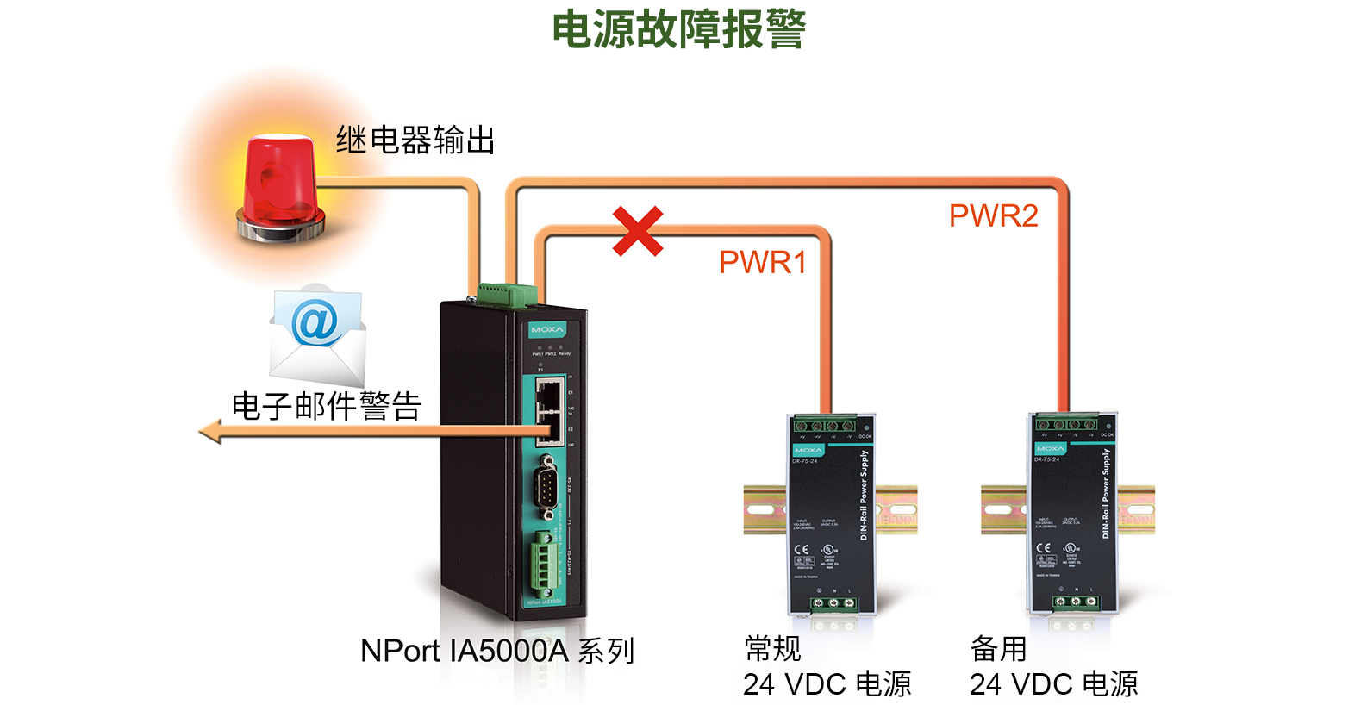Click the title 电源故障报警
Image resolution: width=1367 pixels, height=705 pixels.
[678, 29]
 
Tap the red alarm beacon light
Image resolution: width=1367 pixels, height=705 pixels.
[281, 187]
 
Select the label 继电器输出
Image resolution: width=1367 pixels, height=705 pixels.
[415, 140]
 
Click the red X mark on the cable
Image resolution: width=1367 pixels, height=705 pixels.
[638, 231]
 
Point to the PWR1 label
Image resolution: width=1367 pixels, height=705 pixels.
[763, 262]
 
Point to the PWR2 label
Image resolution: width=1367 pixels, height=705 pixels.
[993, 215]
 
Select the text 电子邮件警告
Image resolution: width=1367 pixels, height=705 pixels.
[326, 406]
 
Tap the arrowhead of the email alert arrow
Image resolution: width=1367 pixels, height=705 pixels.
[209, 431]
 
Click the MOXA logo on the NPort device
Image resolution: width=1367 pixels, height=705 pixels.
[546, 330]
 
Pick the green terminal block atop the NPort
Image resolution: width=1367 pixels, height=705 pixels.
[508, 294]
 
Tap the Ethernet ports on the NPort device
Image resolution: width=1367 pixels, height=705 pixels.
[550, 412]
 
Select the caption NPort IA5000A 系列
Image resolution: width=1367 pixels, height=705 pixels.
[497, 651]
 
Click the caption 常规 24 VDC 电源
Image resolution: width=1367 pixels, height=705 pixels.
[827, 666]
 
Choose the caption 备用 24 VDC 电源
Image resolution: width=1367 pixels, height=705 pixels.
[1053, 666]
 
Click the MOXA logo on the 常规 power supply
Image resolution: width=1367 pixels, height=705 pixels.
[808, 450]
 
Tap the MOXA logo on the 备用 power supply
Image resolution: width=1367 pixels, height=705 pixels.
[1050, 448]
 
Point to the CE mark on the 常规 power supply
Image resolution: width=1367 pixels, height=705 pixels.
[802, 548]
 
